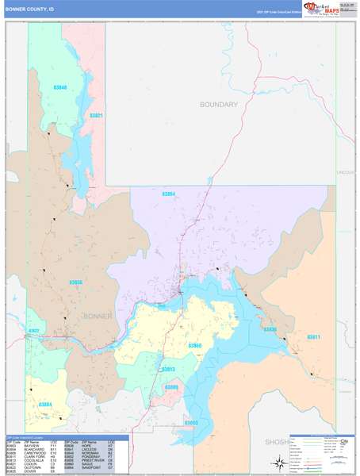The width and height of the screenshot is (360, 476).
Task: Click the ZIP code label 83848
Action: (x=60, y=87)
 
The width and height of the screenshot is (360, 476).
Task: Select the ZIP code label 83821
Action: (x=97, y=116)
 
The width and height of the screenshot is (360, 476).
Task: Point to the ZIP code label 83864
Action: (x=168, y=194)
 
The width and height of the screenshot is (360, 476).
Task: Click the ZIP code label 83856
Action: (x=75, y=282)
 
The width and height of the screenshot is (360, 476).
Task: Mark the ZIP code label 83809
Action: (x=171, y=386)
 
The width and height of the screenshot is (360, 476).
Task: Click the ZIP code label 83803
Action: (x=191, y=423)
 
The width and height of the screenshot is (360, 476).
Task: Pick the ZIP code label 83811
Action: (x=313, y=337)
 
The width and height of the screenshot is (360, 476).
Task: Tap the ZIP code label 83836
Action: (x=270, y=329)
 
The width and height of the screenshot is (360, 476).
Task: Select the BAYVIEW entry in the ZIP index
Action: (x=32, y=446)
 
